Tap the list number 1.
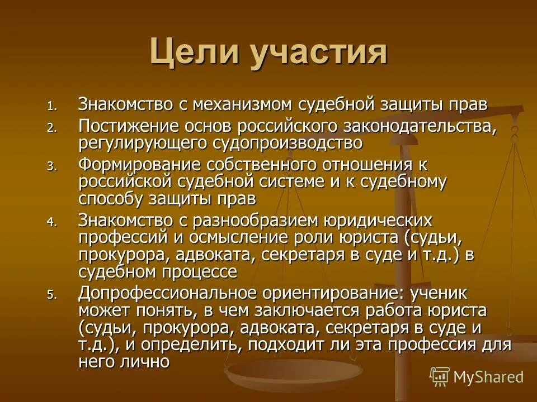click(x=51, y=106)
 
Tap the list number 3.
click(x=51, y=166)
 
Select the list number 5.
click(x=51, y=295)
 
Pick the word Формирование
click(x=140, y=165)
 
